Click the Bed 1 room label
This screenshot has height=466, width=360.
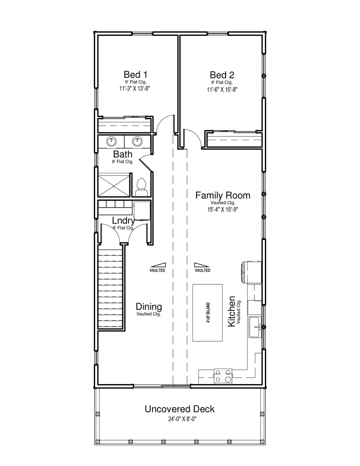[x=135, y=74]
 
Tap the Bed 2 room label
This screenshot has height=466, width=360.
[x=222, y=75]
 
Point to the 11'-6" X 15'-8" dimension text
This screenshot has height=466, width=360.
[x=222, y=90]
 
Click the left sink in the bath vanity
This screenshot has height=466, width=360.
[x=112, y=142]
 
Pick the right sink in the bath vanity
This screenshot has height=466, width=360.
[x=137, y=142]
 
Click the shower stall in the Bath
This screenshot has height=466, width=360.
[x=114, y=185]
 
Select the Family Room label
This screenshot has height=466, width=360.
[x=223, y=195]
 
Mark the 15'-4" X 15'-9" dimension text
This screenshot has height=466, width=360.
[x=223, y=209]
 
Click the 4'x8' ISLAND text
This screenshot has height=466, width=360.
[x=208, y=313]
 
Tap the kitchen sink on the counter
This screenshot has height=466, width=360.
[x=255, y=327]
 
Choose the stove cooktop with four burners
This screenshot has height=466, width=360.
[x=223, y=375]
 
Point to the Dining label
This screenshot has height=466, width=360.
[x=149, y=306]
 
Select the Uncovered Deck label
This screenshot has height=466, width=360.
[x=180, y=409]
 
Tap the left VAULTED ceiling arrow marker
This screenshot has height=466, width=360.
[x=157, y=265]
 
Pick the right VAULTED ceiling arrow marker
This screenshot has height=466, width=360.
[x=202, y=265]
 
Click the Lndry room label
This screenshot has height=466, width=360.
[x=123, y=221]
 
